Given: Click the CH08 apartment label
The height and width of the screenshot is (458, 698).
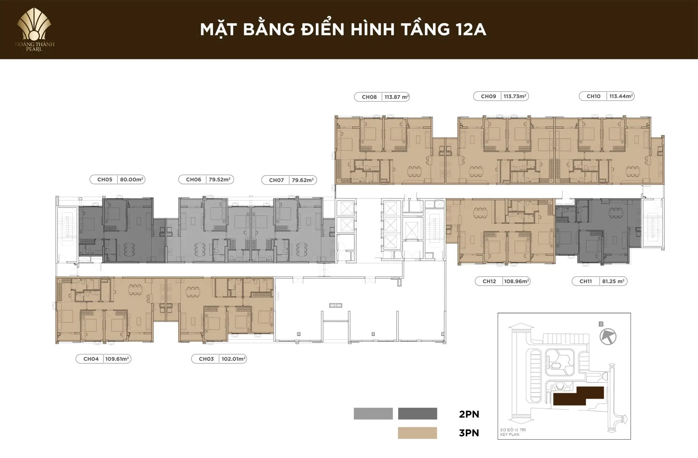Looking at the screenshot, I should (369, 97).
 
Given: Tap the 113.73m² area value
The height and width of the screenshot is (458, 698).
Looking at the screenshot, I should (515, 97).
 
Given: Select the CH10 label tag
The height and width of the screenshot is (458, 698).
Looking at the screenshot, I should (593, 97).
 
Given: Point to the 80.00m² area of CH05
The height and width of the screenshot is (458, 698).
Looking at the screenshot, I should (131, 179).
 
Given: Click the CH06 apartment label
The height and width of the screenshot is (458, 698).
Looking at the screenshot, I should (193, 179).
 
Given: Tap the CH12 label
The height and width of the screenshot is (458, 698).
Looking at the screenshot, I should (489, 281).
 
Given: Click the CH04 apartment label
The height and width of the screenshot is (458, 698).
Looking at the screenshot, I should (91, 359).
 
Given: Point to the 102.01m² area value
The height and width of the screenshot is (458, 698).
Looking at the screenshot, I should (233, 359).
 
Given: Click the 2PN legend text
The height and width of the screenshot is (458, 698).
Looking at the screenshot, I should (469, 414).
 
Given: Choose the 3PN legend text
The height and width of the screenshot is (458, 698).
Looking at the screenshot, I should (469, 433).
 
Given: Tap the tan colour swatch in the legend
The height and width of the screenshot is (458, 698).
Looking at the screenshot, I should (417, 433).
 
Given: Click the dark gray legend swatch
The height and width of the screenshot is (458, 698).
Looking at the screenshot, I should (417, 413).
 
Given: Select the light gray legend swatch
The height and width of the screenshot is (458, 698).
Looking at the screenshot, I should (373, 413).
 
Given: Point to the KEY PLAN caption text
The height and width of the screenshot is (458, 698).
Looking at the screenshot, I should (510, 434).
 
